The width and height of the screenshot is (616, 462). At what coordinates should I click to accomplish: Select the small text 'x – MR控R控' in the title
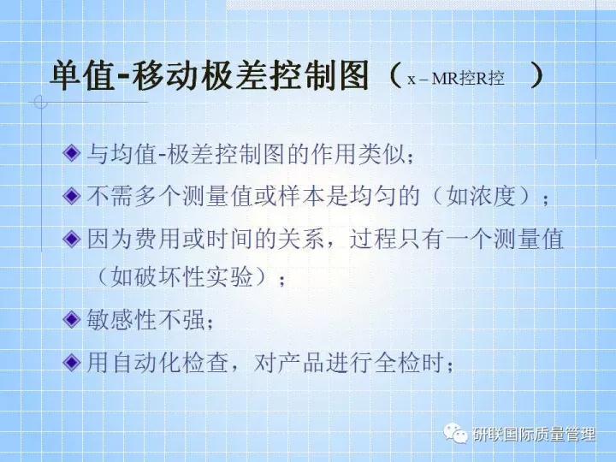pyautogui.click(x=455, y=80)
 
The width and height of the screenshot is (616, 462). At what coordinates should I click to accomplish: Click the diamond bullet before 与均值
pyautogui.click(x=72, y=155)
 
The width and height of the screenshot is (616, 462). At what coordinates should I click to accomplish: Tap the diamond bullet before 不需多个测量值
pyautogui.click(x=72, y=197)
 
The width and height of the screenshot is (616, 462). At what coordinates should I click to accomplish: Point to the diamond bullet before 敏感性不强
pyautogui.click(x=72, y=322)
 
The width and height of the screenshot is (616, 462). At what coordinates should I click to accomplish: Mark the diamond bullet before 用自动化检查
pyautogui.click(x=72, y=363)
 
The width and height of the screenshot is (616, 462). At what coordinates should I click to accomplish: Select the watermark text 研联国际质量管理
pyautogui.click(x=534, y=435)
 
